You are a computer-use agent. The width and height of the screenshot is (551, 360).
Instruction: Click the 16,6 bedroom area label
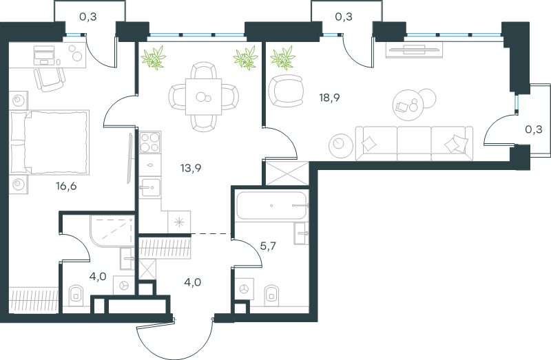coord(66,186)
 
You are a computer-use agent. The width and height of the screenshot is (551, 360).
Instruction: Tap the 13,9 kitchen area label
coord(191,168)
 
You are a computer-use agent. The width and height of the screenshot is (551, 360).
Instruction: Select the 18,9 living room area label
coord(329,98)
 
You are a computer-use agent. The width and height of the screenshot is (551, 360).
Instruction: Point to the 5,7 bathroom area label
coord(268,246)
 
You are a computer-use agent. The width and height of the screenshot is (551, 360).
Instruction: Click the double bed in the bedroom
coord(49,142)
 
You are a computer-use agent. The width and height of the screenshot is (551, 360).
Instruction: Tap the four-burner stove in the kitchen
coord(150,142)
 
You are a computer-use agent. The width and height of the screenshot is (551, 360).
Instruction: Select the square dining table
coord(203,96)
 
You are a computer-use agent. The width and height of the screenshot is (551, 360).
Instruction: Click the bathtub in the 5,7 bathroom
coord(271,205)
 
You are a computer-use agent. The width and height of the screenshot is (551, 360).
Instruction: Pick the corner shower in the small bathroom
coord(112,231)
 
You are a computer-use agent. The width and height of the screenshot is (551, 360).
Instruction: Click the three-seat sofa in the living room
coord(414,143)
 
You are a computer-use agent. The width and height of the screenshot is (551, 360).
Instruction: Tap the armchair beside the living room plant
coord(286,91)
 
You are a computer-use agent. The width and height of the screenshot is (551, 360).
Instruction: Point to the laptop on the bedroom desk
coord(44,55)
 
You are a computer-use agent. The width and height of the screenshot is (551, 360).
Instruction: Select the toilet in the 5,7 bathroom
coord(271,294)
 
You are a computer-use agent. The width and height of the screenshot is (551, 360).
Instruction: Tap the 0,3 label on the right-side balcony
coord(533,129)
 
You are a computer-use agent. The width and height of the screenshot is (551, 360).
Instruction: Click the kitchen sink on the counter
coord(150,188)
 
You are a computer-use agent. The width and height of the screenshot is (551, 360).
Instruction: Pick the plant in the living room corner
coord(282,57)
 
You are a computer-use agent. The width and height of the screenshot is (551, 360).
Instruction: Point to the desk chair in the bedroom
coord(50,79)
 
